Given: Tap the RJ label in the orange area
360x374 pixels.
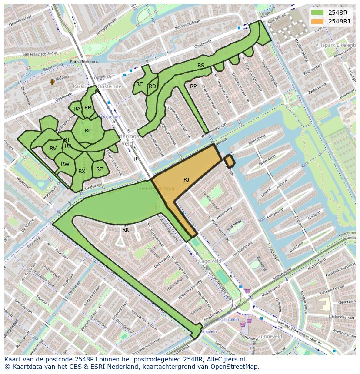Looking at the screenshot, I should [x=186, y=179].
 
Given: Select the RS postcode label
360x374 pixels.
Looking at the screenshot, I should [x=201, y=66].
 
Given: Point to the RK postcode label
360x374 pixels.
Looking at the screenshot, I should [x=126, y=229].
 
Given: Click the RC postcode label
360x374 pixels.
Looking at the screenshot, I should [x=88, y=131].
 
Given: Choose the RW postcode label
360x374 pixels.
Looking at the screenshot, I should [x=65, y=164].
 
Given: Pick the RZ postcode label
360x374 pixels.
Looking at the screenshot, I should [x=100, y=169].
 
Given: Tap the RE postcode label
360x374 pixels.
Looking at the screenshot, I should [x=140, y=84].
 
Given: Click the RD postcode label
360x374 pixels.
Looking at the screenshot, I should [x=152, y=86].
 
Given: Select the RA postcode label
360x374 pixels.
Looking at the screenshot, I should [x=77, y=109].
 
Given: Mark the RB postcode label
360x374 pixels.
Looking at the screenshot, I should [x=88, y=108].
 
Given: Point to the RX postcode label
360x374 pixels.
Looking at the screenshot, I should [x=82, y=172].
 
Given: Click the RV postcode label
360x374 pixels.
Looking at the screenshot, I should [x=53, y=149].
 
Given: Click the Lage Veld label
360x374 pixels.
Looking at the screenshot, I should [x=210, y=261].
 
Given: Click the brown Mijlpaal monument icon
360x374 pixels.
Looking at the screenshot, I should [x=52, y=82].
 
